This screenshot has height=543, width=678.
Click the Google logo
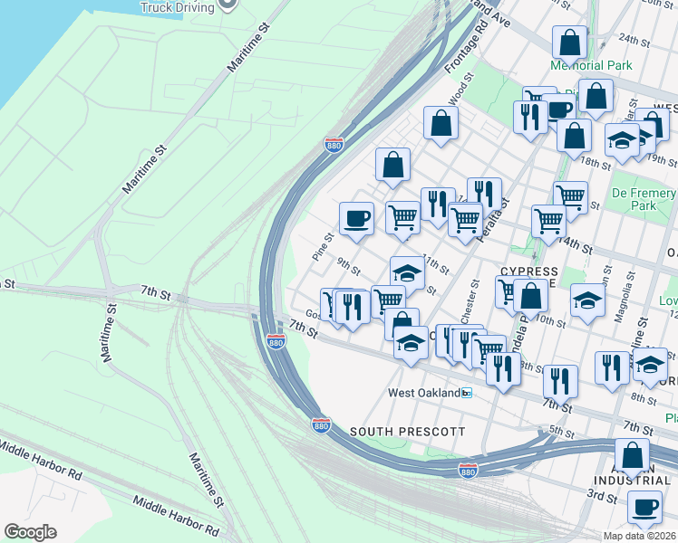pyautogui.click(x=30, y=532)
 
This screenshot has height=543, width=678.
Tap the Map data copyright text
pyautogui.click(x=627, y=536)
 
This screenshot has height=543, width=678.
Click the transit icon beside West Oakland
pyautogui.click(x=467, y=393)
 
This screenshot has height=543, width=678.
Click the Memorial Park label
pyautogui.click(x=590, y=65)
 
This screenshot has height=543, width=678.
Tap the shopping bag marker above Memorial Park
pyautogui.click(x=568, y=42)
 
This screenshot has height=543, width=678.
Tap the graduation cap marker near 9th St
pyautogui.click(x=408, y=273)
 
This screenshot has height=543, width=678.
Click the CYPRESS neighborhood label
pyautogui.click(x=529, y=271)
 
